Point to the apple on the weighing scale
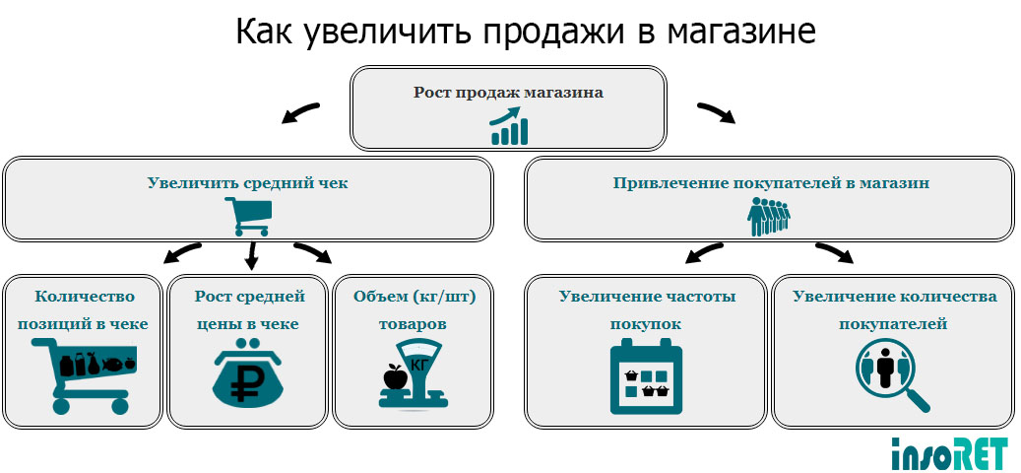(394, 376)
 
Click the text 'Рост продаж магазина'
(508, 93)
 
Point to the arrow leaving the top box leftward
(300, 113)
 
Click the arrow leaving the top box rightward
(717, 113)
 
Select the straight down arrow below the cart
(251, 255)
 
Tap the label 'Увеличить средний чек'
(247, 182)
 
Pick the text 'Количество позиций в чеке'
(85, 309)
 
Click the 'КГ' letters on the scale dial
(418, 365)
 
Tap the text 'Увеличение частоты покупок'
(647, 309)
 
